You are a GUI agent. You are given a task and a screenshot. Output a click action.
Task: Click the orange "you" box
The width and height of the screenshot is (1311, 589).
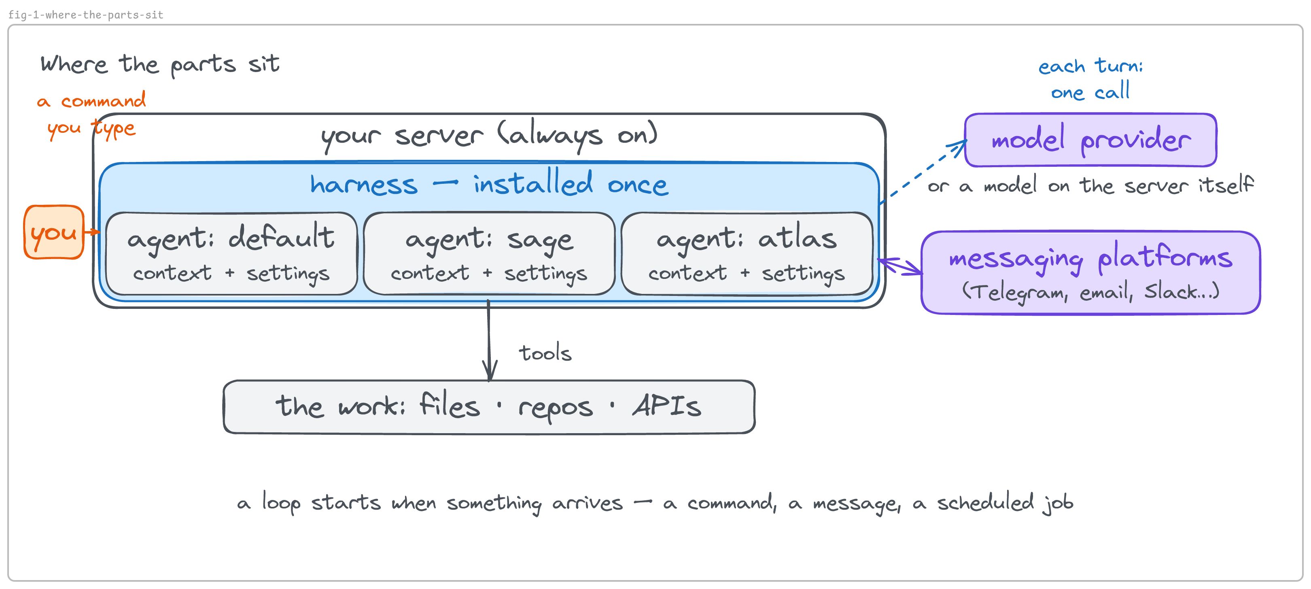click(54, 232)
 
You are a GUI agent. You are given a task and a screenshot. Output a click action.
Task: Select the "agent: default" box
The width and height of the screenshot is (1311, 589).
click(231, 253)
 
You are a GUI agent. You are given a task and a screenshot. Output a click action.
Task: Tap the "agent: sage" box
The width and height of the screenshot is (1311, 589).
click(489, 253)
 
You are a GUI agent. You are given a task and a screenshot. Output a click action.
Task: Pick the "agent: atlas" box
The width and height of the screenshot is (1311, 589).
click(747, 253)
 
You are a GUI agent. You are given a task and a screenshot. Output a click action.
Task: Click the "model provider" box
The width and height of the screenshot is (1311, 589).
click(1090, 140)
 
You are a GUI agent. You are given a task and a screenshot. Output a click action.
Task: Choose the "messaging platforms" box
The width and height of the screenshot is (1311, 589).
click(1090, 272)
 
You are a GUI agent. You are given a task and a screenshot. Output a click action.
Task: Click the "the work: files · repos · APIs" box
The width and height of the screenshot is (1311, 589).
click(489, 407)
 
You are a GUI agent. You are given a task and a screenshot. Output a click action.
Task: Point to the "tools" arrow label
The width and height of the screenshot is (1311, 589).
click(545, 353)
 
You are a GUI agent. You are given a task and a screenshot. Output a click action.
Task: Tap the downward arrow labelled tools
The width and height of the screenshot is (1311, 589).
click(489, 340)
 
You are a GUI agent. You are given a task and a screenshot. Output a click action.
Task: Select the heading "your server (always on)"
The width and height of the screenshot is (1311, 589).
click(489, 135)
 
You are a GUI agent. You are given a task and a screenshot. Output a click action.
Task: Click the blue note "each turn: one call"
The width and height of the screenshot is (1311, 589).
click(1090, 79)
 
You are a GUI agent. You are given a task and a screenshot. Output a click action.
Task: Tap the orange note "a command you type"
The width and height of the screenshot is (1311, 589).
click(91, 115)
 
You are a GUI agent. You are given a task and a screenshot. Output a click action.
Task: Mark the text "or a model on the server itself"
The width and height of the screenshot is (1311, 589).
click(1090, 185)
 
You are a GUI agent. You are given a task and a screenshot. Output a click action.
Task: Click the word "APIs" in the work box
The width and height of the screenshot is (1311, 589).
click(667, 406)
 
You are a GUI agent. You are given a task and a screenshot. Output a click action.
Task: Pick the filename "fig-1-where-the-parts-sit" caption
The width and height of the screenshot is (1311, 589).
click(85, 15)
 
